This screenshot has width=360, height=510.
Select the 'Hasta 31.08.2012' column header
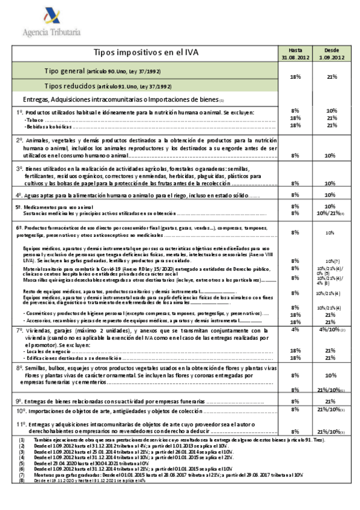pos(295,53)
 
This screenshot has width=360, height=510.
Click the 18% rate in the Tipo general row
pos(295,77)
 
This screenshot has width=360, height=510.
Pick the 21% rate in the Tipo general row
pos(331,77)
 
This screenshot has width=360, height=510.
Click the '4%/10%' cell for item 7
pos(331,330)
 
